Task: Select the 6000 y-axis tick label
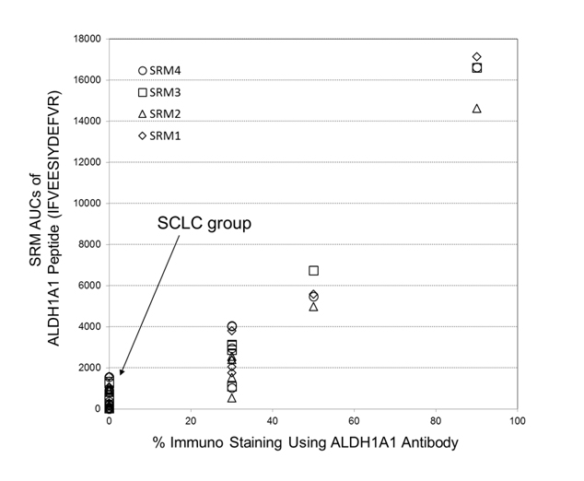coord(91,286)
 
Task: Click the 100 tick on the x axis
coord(517,421)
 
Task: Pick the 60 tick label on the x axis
coord(355,421)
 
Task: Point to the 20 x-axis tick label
coord(191,421)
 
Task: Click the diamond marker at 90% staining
coord(477,57)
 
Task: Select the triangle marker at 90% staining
coord(477,109)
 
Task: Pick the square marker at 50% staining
coord(314,271)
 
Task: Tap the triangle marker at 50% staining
coord(314,307)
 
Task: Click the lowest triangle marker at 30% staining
coord(232,398)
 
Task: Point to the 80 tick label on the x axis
coord(436,421)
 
